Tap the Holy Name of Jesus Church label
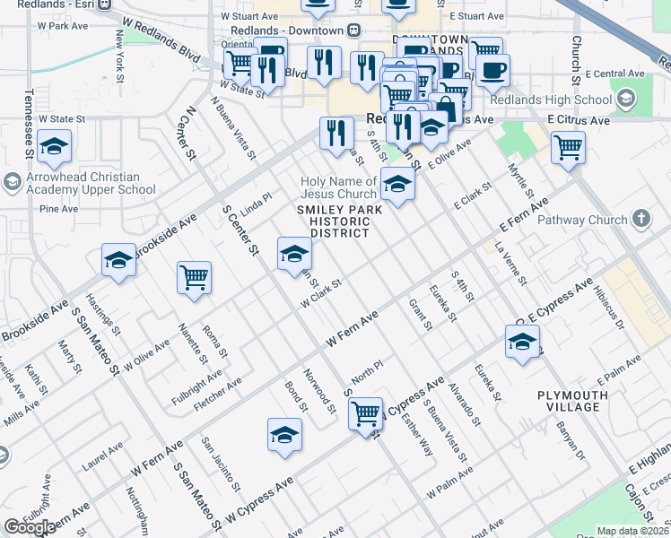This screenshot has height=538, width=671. [338, 187]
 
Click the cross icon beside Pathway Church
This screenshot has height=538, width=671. [640, 219]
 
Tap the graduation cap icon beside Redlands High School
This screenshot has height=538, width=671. [624, 98]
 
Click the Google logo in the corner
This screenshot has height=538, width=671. [30, 527]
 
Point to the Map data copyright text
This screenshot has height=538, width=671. [632, 531]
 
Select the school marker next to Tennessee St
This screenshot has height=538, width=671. [55, 146]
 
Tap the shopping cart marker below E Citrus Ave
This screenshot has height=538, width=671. [568, 147]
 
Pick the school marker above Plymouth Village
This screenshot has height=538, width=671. [522, 343]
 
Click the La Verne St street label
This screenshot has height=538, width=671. [514, 262]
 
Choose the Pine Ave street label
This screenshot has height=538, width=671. [59, 209]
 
